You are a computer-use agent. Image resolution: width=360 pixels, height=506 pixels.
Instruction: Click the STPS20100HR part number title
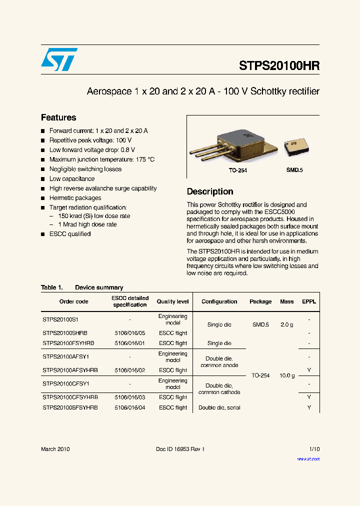click(279, 66)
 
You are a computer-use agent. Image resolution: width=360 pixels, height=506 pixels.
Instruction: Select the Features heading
click(58, 117)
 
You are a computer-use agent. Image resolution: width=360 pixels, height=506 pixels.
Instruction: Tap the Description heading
click(210, 191)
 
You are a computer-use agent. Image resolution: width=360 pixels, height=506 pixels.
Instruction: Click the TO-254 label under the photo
click(238, 170)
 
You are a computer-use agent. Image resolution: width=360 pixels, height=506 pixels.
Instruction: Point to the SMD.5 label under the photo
click(294, 170)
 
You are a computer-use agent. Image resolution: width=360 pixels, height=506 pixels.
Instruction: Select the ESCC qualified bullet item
click(70, 234)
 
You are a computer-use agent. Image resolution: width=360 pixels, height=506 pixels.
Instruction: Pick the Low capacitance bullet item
click(71, 178)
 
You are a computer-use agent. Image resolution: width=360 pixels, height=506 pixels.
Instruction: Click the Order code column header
click(73, 301)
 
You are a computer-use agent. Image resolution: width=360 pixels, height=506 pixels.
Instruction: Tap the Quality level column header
click(173, 301)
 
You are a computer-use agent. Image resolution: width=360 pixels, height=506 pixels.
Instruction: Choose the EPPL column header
click(309, 301)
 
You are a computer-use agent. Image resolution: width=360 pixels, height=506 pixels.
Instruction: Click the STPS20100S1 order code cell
click(60, 319)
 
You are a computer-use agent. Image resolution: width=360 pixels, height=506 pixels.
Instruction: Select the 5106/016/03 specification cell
click(129, 397)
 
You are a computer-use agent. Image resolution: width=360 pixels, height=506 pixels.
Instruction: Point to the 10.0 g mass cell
click(286, 375)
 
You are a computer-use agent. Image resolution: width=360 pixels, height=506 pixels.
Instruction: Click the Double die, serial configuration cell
click(219, 407)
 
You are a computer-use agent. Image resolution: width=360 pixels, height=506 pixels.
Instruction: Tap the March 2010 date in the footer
click(55, 449)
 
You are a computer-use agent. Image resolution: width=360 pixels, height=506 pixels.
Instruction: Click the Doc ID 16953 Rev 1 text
click(180, 449)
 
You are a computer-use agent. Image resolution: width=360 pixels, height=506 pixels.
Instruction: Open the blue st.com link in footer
click(308, 458)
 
